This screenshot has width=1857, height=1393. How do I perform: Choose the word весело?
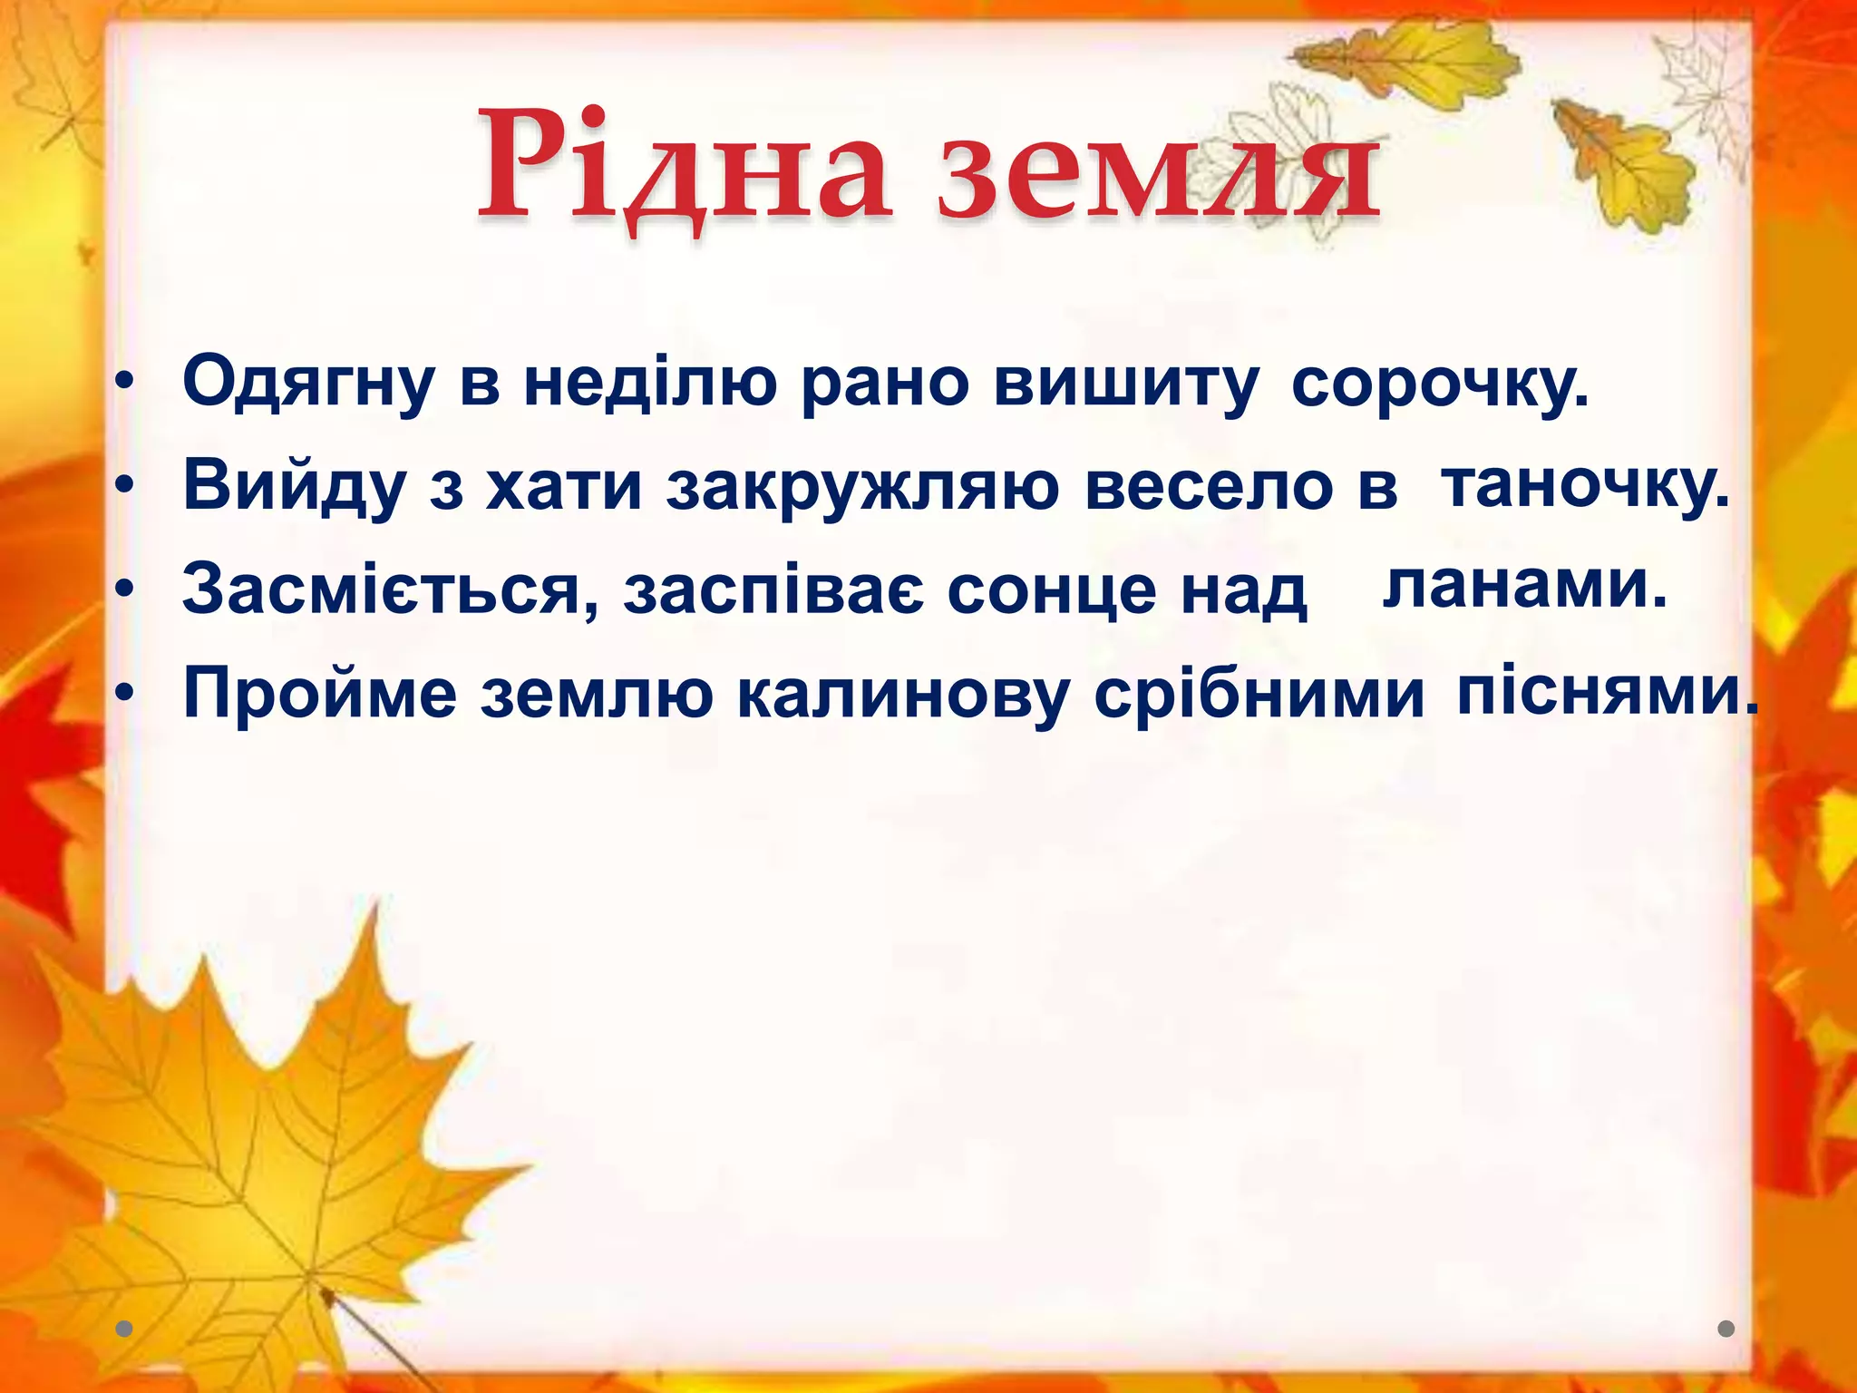point(1210,487)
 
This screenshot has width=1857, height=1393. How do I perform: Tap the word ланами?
point(1524,585)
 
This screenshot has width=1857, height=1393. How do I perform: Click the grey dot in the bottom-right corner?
point(1726,1329)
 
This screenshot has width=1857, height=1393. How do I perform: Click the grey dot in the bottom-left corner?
point(124,1329)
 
